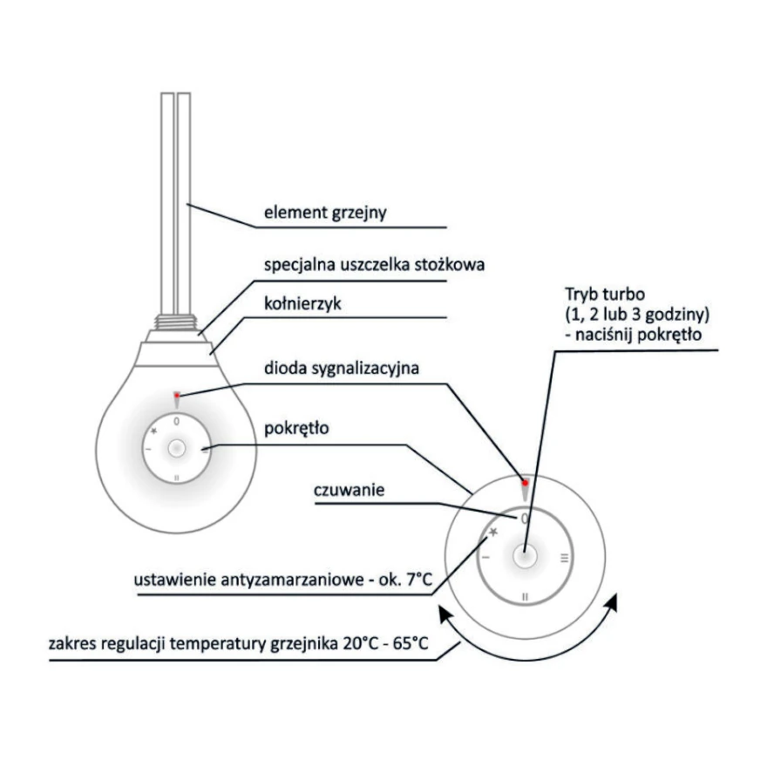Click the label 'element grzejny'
[x=325, y=213]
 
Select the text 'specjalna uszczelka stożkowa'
[x=374, y=265]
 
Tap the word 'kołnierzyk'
[x=302, y=304]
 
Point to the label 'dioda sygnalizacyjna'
[x=342, y=369]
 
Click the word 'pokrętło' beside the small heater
[x=296, y=429]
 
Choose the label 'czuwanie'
[x=349, y=490]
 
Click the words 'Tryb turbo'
[x=605, y=294]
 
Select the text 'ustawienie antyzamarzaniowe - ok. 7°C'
[x=282, y=580]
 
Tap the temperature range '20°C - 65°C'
[x=385, y=643]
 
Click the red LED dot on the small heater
[x=177, y=395]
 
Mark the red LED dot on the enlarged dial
[x=525, y=483]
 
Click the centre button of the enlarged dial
[x=525, y=556]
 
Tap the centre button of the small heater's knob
[x=177, y=448]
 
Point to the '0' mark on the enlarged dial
[x=525, y=519]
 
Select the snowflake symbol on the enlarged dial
[x=493, y=532]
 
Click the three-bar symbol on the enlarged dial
[x=565, y=558]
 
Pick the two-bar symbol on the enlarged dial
[x=526, y=597]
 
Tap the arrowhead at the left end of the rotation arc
[x=445, y=614]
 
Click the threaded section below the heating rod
[x=175, y=321]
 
